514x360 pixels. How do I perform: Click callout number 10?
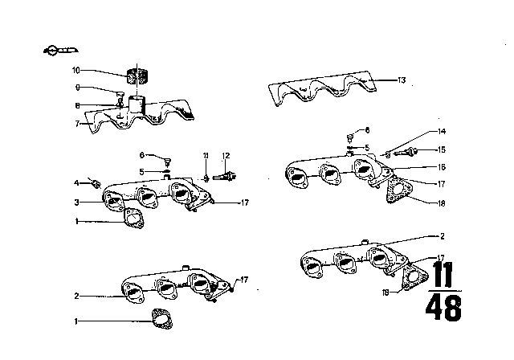76,71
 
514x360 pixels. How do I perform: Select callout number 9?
78,88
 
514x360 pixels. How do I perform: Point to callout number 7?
78,124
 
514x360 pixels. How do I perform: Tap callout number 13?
402,80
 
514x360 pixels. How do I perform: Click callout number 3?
78,202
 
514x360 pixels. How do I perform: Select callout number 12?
226,154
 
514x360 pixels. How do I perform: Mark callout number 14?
441,131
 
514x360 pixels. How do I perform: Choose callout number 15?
441,149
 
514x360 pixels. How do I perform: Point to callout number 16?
441,168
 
